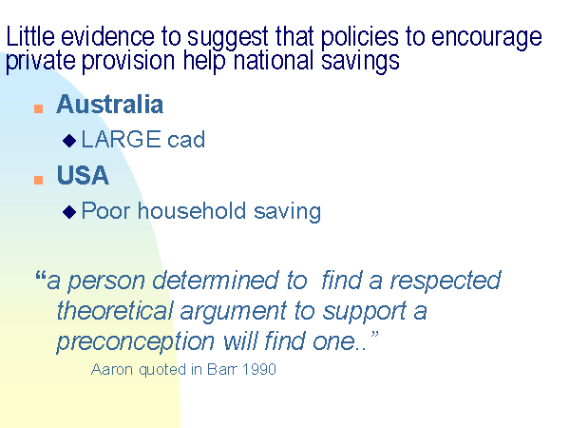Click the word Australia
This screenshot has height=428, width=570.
tap(110, 104)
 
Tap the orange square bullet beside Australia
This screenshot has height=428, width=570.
tap(39, 108)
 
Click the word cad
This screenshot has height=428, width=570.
tap(186, 139)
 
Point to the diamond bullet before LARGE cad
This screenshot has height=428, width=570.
tap(69, 141)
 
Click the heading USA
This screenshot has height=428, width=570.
tap(83, 175)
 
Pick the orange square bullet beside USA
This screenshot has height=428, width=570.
tap(39, 180)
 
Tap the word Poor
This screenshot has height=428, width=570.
tap(105, 210)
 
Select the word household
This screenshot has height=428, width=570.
tap(192, 210)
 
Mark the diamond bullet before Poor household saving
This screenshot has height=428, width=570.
tap(69, 212)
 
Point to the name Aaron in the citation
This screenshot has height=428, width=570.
tap(112, 369)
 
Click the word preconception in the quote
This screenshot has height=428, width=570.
tap(136, 342)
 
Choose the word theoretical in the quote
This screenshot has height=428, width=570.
tap(115, 311)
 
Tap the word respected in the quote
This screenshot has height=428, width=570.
tap(446, 281)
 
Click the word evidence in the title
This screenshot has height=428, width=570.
tap(107, 36)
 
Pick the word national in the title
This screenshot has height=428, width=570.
tap(273, 60)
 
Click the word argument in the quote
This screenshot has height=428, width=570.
tap(234, 312)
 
